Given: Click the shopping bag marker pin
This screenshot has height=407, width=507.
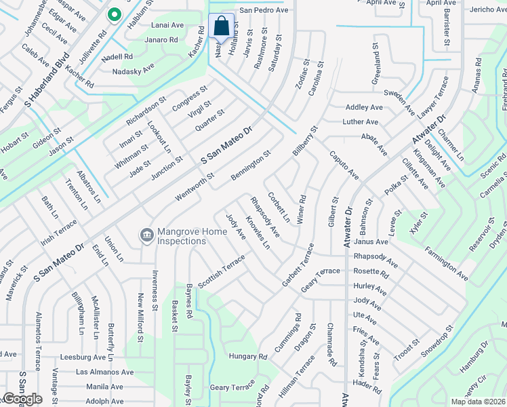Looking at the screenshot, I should coord(221,26).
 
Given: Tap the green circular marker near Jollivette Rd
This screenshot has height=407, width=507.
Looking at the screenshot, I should coord(115,14).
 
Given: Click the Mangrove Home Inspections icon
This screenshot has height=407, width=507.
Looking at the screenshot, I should coord(146,235).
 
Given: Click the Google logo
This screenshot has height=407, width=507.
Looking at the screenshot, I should coord(22,399).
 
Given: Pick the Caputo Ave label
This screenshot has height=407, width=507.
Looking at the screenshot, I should coord(344,166).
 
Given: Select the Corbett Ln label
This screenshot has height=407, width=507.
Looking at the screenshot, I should coord(278,208).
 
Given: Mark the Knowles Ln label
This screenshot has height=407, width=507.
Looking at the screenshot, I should coord(258,233).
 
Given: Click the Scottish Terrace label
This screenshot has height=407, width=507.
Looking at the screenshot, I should coord(222,271).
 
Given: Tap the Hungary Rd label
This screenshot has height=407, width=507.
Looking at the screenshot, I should coord(248,356).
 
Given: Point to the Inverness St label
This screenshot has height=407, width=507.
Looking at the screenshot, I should coord(155,296).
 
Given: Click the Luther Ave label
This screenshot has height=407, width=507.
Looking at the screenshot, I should coord(362,122).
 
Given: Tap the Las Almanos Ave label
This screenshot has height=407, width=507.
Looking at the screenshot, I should coord(104,372).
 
